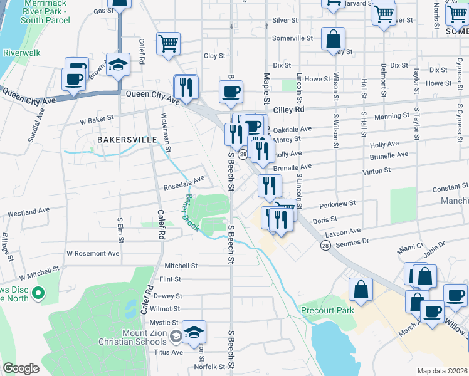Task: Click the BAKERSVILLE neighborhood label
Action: point(124,139)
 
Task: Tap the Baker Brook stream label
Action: point(191,213)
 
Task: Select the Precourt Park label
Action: point(327,310)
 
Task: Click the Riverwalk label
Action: point(22,53)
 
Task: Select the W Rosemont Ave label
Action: point(93,254)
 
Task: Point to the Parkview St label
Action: point(337,204)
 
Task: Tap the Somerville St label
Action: point(292,38)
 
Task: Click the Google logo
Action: point(21,368)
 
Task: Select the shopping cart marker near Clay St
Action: point(168,44)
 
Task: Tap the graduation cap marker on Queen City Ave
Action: point(118,64)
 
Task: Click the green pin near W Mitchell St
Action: point(38,293)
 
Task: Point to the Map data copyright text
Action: point(442,371)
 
